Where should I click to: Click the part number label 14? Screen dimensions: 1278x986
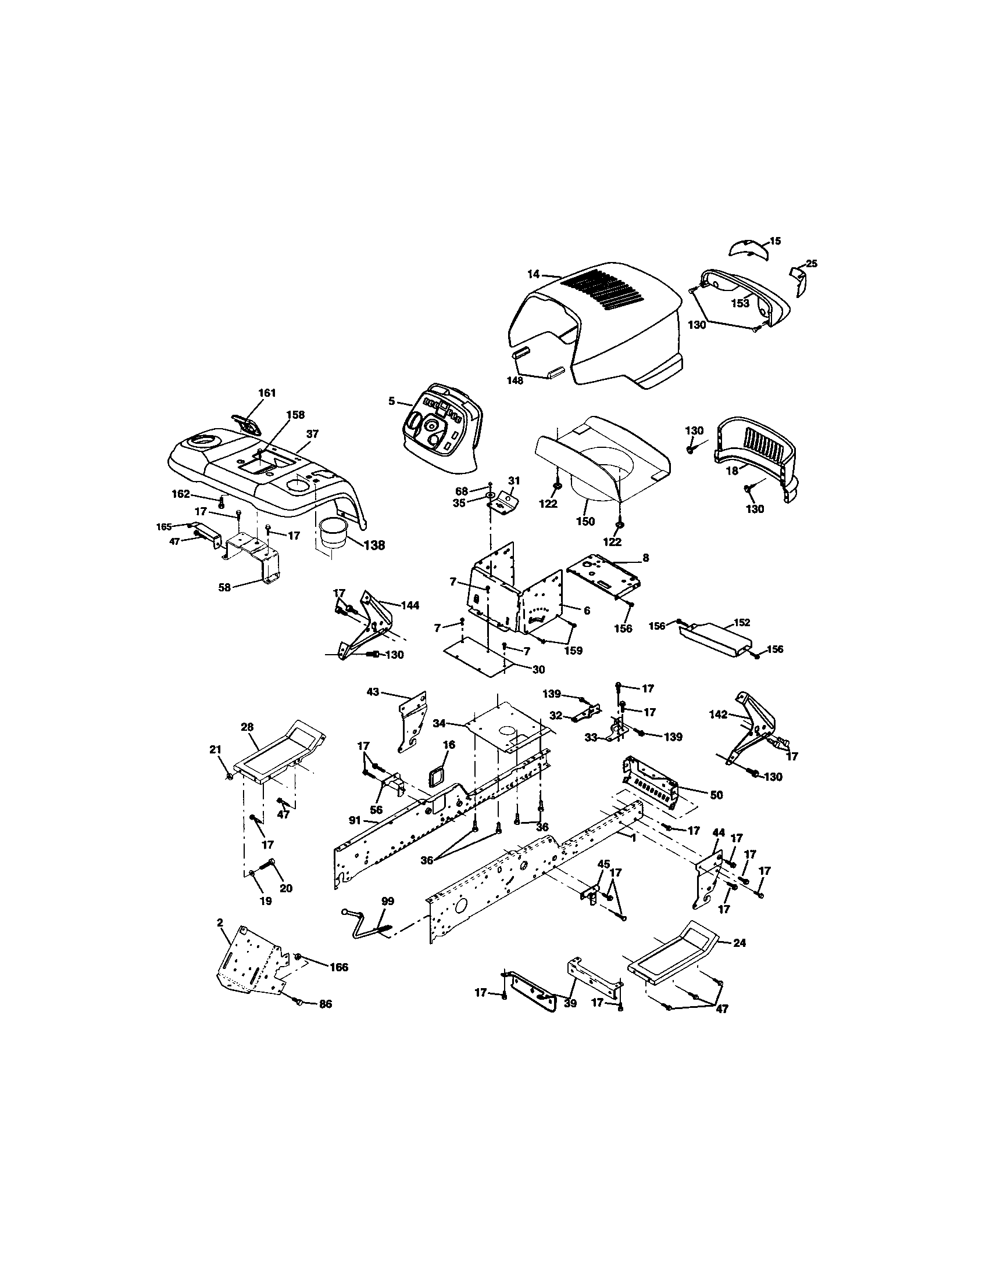click(533, 272)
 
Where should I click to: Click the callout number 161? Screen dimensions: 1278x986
click(266, 393)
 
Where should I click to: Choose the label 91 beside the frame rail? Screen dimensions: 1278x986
click(354, 820)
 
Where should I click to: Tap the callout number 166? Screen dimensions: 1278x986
click(338, 967)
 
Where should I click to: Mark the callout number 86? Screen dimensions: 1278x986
click(325, 1004)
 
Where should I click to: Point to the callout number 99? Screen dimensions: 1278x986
click(387, 901)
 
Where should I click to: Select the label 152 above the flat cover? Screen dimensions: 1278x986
click(741, 623)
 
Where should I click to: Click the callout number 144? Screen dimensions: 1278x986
click(409, 606)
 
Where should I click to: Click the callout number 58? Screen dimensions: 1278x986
click(224, 587)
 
